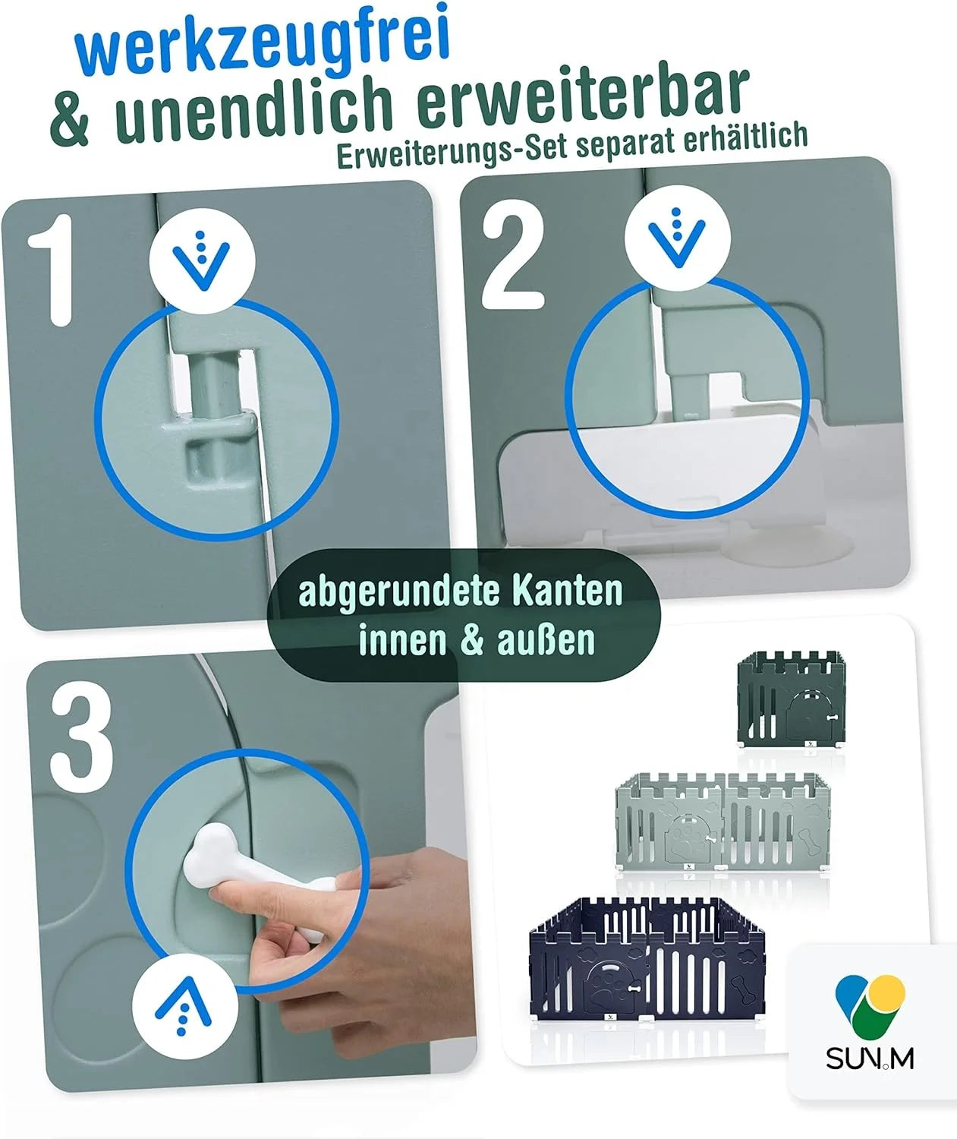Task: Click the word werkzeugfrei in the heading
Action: pyautogui.click(x=263, y=42)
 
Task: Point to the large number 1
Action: pyautogui.click(x=52, y=270)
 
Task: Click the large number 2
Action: pyautogui.click(x=514, y=256)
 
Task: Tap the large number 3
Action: pyautogui.click(x=82, y=744)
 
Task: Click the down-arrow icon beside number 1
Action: pyautogui.click(x=202, y=260)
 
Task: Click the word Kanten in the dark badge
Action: pyautogui.click(x=567, y=591)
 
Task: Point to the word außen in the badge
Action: pyautogui.click(x=546, y=641)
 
